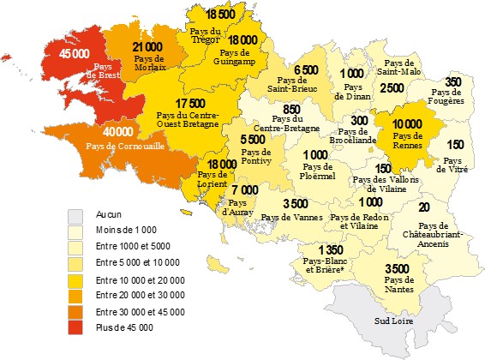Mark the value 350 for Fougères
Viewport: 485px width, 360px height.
click(453, 81)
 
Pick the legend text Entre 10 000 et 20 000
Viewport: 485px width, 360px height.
click(140, 280)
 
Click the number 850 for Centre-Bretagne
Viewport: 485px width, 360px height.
click(290, 110)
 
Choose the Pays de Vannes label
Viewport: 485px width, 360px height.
click(292, 219)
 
